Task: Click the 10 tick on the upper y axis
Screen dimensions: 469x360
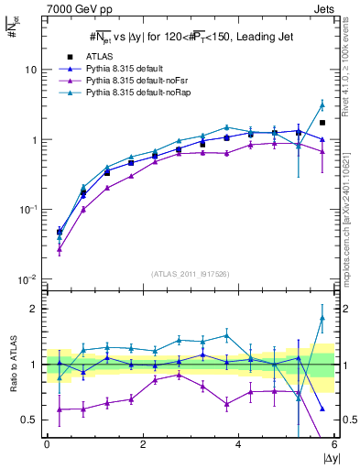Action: coord(31,70)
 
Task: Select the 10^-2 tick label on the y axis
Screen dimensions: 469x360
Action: coord(27,279)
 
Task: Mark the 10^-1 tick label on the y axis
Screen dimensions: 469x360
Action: coord(27,210)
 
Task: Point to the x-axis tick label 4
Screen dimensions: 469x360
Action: coord(238,443)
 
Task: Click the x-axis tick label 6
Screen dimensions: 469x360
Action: coord(333,443)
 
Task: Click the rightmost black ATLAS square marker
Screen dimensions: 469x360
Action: coord(322,123)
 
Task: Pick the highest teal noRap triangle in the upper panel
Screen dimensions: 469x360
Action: coord(322,104)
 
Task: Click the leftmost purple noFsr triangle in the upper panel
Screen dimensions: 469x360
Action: coord(60,249)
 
